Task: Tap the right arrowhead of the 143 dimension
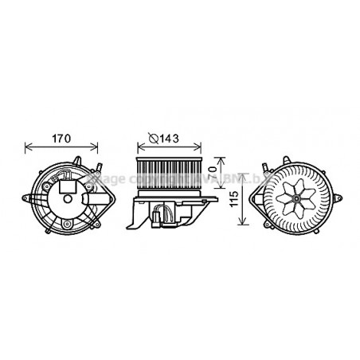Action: point(201,147)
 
